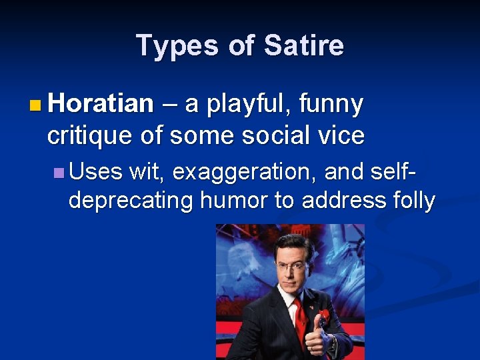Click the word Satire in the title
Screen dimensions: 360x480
304,46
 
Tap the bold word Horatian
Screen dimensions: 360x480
101,104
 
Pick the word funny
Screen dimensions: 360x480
331,104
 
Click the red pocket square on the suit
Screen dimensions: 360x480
325,315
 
